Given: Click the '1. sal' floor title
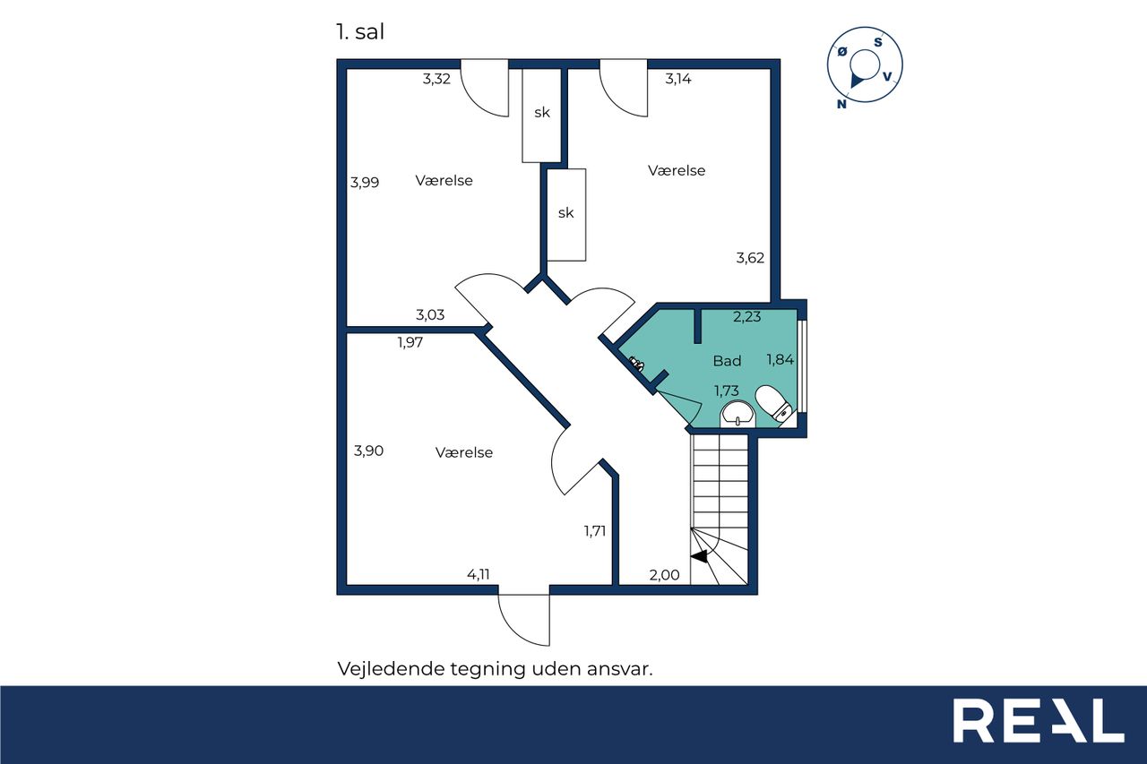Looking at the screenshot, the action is pyautogui.click(x=360, y=31).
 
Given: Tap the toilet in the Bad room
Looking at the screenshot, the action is pyautogui.click(x=774, y=403).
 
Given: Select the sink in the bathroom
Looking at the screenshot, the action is pyautogui.click(x=737, y=414).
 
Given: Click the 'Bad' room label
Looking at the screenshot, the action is pyautogui.click(x=727, y=361).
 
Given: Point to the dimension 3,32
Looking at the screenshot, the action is pyautogui.click(x=436, y=79).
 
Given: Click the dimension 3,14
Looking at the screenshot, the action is pyautogui.click(x=678, y=79).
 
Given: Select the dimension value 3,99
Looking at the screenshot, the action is pyautogui.click(x=365, y=182).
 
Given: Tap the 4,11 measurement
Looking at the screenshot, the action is pyautogui.click(x=479, y=574).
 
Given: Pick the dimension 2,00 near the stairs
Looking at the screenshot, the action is pyautogui.click(x=664, y=575).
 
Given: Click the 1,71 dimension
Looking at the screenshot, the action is pyautogui.click(x=595, y=531).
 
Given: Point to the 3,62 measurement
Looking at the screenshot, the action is pyautogui.click(x=750, y=258).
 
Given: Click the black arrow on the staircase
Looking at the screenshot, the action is pyautogui.click(x=699, y=556).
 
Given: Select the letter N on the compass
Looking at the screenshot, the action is pyautogui.click(x=841, y=104).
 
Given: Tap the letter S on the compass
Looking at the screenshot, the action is pyautogui.click(x=878, y=42).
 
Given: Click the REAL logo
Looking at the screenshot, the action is pyautogui.click(x=1038, y=720).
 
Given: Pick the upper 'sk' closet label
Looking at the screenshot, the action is pyautogui.click(x=542, y=113).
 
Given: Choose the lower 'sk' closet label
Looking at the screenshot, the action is pyautogui.click(x=565, y=213).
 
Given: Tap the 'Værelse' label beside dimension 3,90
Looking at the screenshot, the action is pyautogui.click(x=464, y=452).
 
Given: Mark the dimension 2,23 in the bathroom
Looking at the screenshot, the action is pyautogui.click(x=747, y=317).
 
